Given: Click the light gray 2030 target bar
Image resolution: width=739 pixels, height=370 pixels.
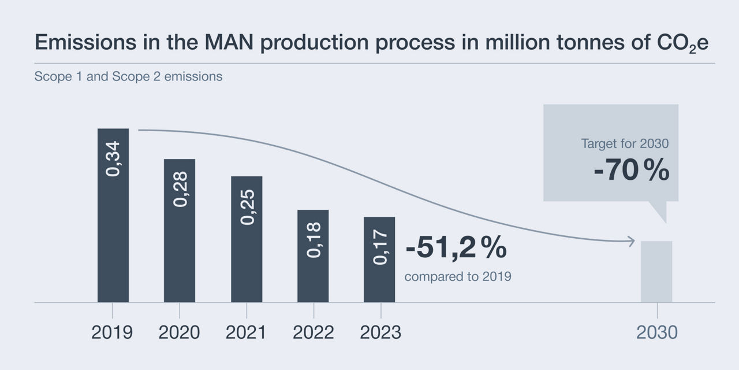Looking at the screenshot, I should (656, 272).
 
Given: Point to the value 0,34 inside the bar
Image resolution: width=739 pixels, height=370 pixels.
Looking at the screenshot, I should (114, 158).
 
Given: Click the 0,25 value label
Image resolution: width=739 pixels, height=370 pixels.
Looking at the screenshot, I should (247, 206).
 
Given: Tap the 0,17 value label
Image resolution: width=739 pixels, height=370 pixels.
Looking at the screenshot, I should (380, 247).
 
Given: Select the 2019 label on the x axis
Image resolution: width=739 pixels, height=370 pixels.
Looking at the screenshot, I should (112, 332).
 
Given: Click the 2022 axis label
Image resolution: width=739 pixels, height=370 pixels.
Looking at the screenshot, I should (313, 332).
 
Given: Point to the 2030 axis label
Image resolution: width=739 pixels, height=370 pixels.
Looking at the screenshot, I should (656, 332).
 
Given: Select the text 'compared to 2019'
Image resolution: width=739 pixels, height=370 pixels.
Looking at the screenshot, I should (458, 277).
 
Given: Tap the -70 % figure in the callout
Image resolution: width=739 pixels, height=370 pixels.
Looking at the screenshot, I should (631, 171).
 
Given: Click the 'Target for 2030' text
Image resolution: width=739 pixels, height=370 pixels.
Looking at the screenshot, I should (625, 144).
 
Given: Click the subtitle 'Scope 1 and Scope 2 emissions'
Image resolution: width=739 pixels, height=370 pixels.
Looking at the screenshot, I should (128, 76).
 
